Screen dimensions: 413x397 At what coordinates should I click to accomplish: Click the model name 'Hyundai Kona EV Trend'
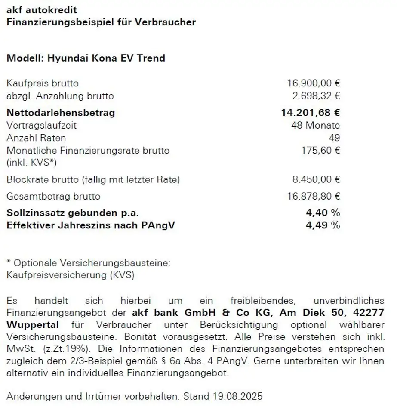[x=106, y=58]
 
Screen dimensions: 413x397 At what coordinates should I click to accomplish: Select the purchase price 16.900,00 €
[x=314, y=83]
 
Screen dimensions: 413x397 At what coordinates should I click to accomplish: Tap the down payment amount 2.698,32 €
[x=316, y=96]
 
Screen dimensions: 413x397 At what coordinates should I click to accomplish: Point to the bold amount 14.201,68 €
[x=310, y=113]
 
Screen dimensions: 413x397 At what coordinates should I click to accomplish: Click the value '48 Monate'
[x=315, y=126]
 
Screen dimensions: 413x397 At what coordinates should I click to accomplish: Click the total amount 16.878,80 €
[x=314, y=197]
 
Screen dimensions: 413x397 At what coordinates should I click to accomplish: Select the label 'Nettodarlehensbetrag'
[x=61, y=113]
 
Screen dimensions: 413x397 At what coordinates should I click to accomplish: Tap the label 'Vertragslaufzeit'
[x=42, y=126]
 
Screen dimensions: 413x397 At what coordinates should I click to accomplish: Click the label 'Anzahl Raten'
[x=36, y=138]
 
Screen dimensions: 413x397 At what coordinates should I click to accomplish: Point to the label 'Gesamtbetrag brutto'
[x=53, y=197]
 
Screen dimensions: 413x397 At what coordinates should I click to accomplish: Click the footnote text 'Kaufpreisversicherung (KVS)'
[x=71, y=275]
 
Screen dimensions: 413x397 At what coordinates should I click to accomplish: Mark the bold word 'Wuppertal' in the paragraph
[x=33, y=324]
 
